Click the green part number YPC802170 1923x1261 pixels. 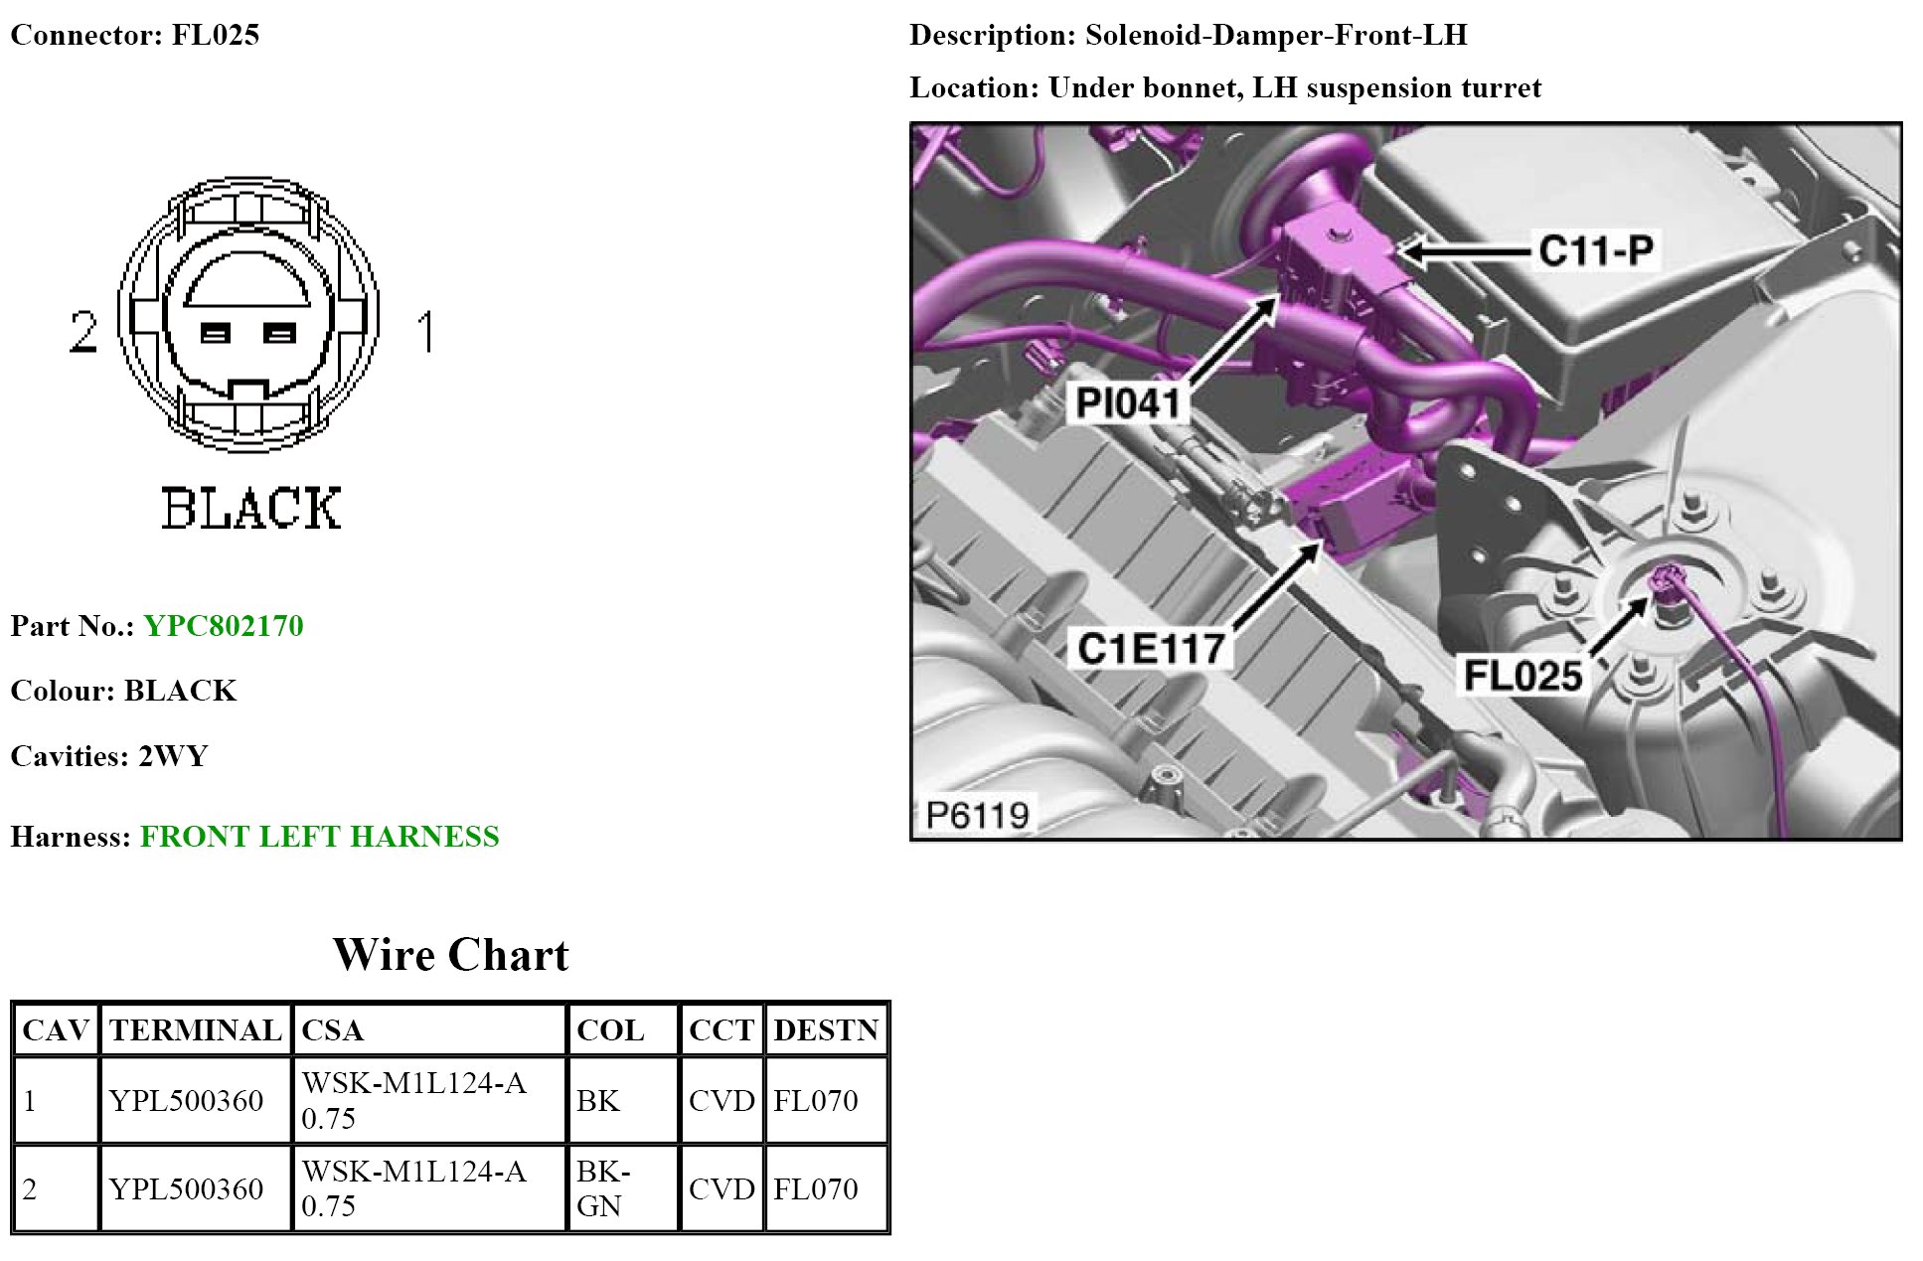click(223, 626)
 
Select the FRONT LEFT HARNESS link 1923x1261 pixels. click(319, 837)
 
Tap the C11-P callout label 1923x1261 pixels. click(1595, 250)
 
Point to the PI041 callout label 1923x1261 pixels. click(1128, 403)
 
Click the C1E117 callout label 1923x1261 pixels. click(1151, 649)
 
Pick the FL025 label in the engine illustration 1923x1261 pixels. click(1522, 676)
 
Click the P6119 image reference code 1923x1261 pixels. click(977, 815)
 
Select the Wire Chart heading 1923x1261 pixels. click(450, 955)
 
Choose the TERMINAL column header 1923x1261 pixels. click(196, 1030)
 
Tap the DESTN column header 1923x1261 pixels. click(826, 1030)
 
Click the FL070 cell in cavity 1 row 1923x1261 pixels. click(816, 1101)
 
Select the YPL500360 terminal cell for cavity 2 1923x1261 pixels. click(186, 1188)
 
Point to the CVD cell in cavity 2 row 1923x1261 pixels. click(721, 1188)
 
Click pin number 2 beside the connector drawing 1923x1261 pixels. click(83, 332)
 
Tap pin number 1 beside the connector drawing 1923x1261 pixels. click(426, 332)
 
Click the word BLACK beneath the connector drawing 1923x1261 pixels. click(250, 509)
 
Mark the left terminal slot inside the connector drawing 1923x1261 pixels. click(216, 333)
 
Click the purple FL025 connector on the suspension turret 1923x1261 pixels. click(1665, 581)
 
